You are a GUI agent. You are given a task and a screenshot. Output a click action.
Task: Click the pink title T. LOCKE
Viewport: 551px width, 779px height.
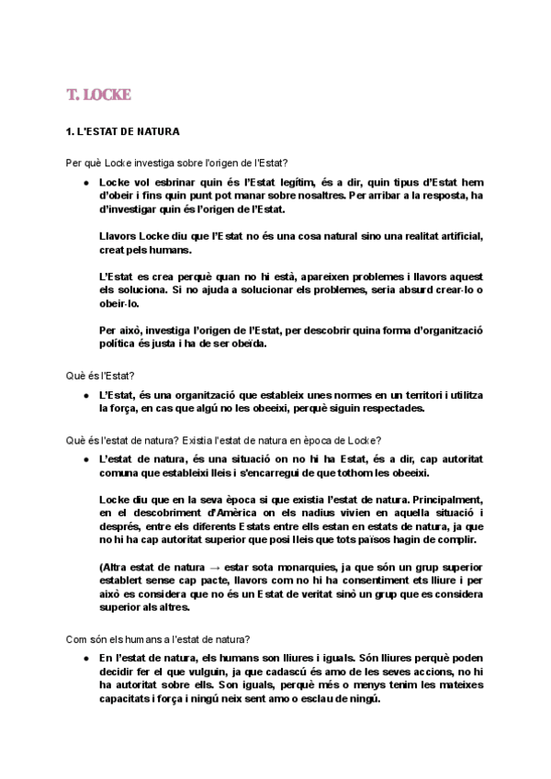(99, 95)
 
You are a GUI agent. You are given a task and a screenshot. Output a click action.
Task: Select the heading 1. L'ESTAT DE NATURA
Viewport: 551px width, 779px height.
(123, 131)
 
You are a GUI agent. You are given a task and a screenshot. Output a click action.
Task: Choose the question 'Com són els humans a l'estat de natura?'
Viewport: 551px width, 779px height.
(159, 638)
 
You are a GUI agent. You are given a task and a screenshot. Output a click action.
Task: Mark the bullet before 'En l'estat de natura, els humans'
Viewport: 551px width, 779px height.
(85, 659)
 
